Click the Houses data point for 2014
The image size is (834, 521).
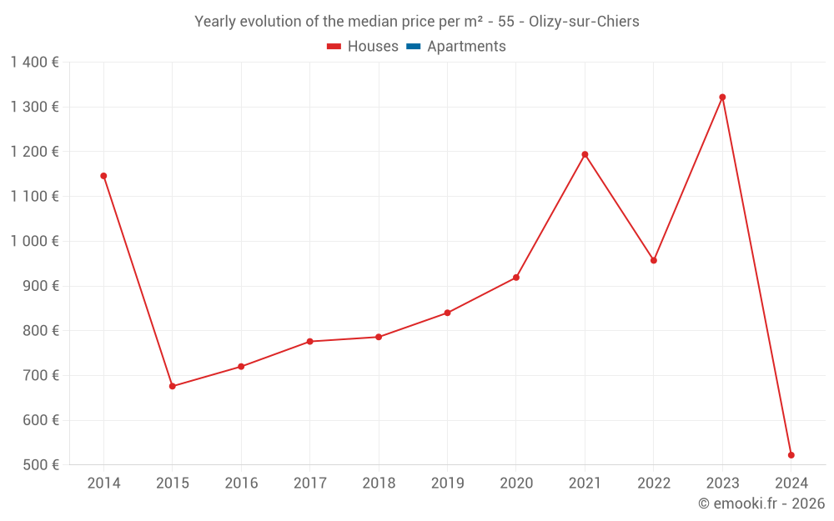point(103,176)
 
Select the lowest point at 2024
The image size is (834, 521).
point(791,455)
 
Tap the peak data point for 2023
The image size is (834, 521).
point(722,98)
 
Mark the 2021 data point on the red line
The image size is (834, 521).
point(585,154)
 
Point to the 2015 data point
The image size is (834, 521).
point(173,386)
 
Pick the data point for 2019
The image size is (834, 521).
point(447,313)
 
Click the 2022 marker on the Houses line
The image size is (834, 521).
point(654,260)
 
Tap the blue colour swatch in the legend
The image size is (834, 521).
point(413,47)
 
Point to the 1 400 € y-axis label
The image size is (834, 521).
point(34,63)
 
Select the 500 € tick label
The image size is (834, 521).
point(39,465)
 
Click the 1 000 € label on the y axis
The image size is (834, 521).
point(34,241)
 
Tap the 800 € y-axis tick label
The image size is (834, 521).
point(39,331)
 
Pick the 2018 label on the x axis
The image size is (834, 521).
point(379,483)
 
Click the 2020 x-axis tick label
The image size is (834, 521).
point(516,483)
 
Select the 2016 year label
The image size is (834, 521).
point(241,483)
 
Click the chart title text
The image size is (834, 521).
point(416,22)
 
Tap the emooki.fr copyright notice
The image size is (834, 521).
point(761,503)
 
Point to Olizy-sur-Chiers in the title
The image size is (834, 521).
point(584,22)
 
